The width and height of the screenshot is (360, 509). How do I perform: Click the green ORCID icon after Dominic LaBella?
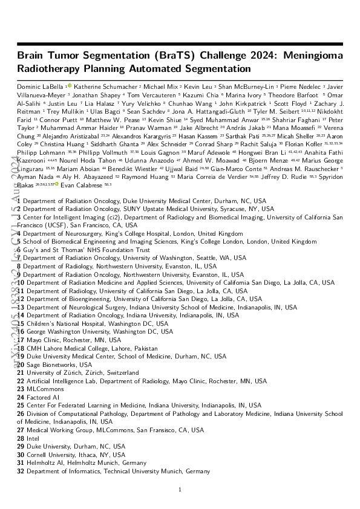pyautogui.click(x=70, y=86)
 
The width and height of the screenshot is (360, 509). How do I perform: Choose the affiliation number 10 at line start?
pyautogui.click(x=21, y=282)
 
